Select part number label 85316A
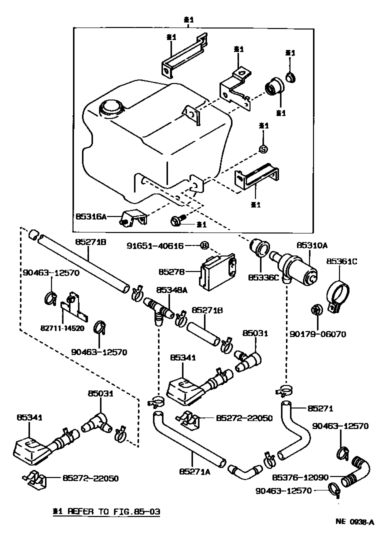pyautogui.click(x=91, y=217)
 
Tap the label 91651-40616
pyautogui.click(x=154, y=245)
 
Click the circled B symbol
pyautogui.click(x=204, y=245)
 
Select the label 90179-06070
pyautogui.click(x=318, y=333)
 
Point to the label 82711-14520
pyautogui.click(x=62, y=328)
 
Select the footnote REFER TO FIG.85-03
pyautogui.click(x=108, y=512)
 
